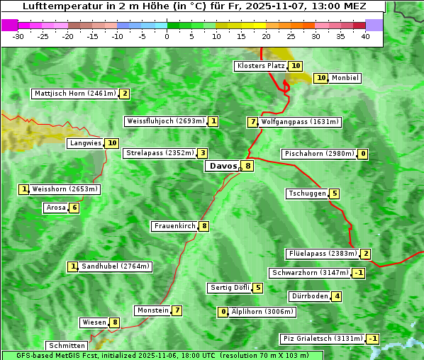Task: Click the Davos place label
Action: [223, 167]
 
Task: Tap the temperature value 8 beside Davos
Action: [247, 167]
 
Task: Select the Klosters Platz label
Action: [260, 66]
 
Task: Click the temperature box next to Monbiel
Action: [320, 78]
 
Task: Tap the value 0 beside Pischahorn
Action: [363, 154]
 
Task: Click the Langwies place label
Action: [85, 143]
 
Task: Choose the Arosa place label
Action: [55, 208]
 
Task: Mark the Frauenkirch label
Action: [174, 226]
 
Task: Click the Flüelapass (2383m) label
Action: [322, 254]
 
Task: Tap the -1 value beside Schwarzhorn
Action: [359, 273]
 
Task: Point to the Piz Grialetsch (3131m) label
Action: [323, 339]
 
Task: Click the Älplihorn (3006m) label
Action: [262, 312]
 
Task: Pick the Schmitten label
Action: [66, 346]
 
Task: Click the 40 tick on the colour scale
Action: [365, 36]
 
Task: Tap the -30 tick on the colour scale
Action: [18, 36]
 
